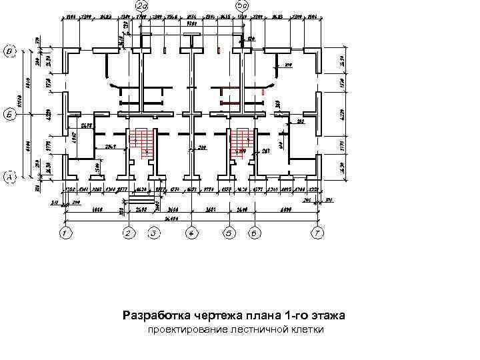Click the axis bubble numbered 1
65,233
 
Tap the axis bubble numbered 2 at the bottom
129,233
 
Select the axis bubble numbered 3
154,233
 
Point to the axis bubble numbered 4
192,233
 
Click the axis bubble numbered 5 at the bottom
229,233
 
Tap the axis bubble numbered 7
318,233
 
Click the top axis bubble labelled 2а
141,6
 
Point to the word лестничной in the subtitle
257,330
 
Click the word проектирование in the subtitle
188,330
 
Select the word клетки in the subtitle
307,330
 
